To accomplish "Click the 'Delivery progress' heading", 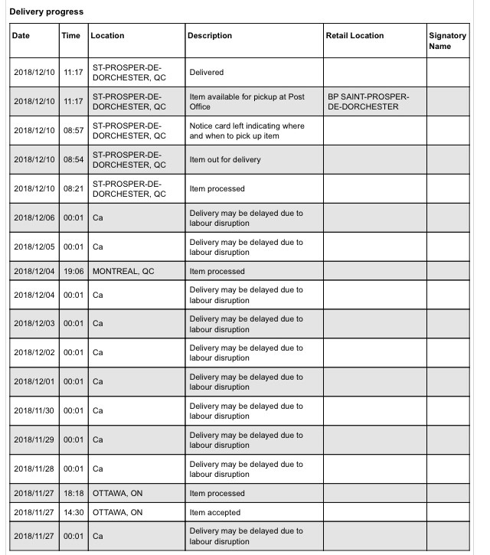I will point(47,12).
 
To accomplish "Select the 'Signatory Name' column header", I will point(447,41).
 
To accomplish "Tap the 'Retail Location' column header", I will point(354,36).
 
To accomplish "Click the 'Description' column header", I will point(211,36).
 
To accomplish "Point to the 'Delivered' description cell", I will point(206,73).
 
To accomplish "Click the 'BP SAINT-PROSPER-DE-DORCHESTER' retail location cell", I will point(367,102).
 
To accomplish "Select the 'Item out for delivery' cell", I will point(225,160).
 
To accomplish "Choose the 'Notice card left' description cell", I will point(246,131).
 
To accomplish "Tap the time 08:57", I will point(73,131).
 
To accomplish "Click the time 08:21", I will point(73,189).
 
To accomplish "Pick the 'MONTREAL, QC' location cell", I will point(122,272).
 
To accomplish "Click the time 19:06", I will point(73,272).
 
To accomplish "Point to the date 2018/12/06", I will point(34,218).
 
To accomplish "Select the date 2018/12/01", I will point(34,381).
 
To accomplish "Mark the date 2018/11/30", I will point(34,410).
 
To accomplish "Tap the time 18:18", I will point(73,494).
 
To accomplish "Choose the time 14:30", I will point(73,513).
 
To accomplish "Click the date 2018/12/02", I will point(34,352).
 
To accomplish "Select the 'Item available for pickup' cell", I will point(246,102).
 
